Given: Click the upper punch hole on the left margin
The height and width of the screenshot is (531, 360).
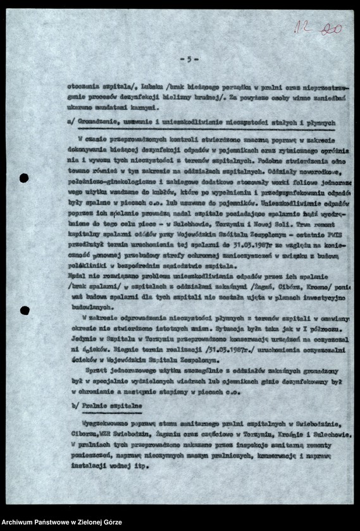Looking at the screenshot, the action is [23, 178].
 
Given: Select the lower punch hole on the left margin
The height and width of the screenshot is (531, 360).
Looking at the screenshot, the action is [23, 310].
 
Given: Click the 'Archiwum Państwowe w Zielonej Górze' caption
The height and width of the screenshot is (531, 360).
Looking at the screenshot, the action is [61, 523].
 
